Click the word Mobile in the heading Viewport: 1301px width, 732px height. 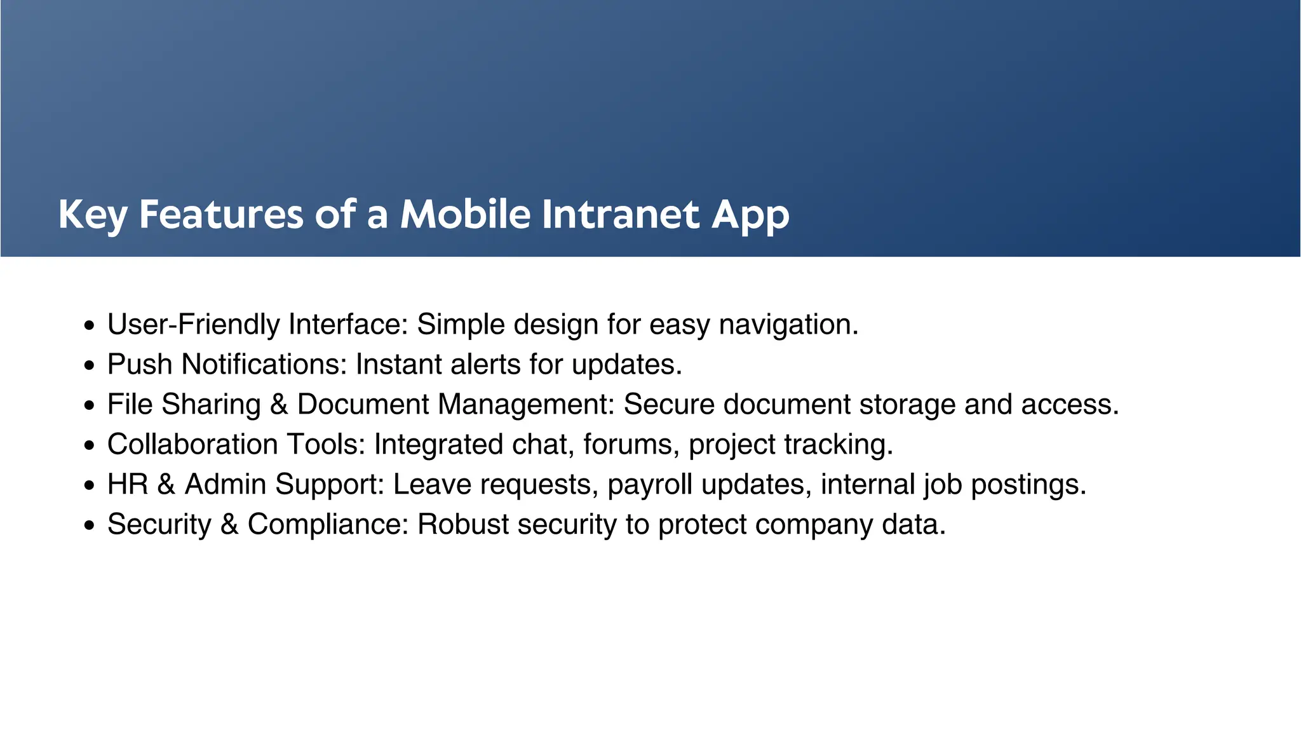[465, 214]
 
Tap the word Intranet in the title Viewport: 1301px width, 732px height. [621, 214]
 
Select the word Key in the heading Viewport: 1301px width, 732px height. [93, 214]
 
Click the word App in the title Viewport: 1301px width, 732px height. [750, 214]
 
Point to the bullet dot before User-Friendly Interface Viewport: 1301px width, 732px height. [90, 326]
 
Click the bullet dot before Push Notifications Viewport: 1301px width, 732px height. [90, 366]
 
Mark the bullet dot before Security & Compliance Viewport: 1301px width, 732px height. [90, 526]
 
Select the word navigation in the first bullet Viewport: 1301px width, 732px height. [788, 325]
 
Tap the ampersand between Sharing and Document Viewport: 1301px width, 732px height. [279, 405]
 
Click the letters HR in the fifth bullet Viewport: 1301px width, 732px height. [127, 485]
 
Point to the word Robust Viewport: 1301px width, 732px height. [463, 525]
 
